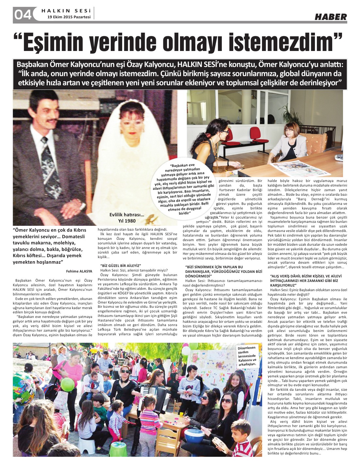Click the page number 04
pyautogui.click(x=23, y=15)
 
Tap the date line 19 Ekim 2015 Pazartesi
pyautogui.click(x=69, y=17)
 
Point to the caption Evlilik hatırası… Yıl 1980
pyautogui.click(x=126, y=217)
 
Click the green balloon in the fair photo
pyautogui.click(x=68, y=384)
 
